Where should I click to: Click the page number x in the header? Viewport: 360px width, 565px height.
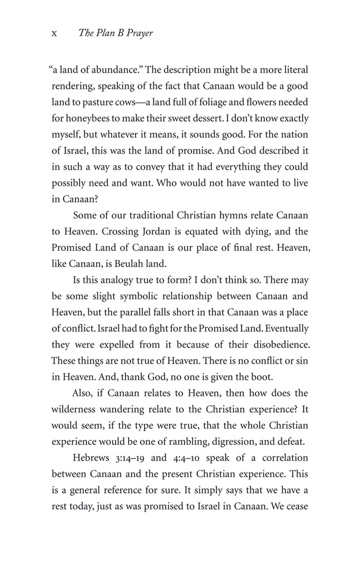54,33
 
